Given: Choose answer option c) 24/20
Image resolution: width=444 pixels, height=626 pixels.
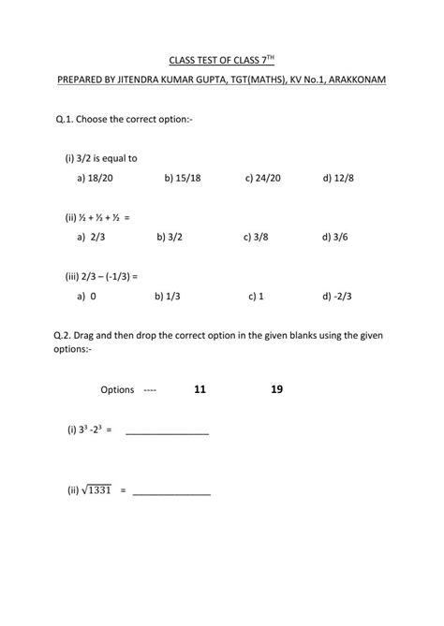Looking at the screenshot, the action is [x=263, y=176].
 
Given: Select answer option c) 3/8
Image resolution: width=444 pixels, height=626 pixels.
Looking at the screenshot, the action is [x=256, y=238].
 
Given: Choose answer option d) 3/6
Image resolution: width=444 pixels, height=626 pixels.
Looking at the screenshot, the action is [x=335, y=238].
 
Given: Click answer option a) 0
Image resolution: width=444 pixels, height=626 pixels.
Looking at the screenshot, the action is [x=87, y=297].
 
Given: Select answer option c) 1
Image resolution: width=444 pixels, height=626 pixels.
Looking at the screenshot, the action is [x=256, y=297].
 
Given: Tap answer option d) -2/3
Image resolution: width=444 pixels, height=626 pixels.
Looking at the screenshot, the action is [x=339, y=297].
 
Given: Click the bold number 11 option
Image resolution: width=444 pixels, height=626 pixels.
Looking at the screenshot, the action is [x=200, y=389].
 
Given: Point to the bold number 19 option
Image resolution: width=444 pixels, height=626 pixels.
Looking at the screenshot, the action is [x=276, y=389].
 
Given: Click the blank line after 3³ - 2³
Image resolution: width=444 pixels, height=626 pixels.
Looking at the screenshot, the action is [x=167, y=431].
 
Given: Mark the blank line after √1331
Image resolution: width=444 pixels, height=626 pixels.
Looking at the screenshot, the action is [x=171, y=490].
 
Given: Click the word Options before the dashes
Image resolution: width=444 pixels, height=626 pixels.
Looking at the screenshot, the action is [x=117, y=390].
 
